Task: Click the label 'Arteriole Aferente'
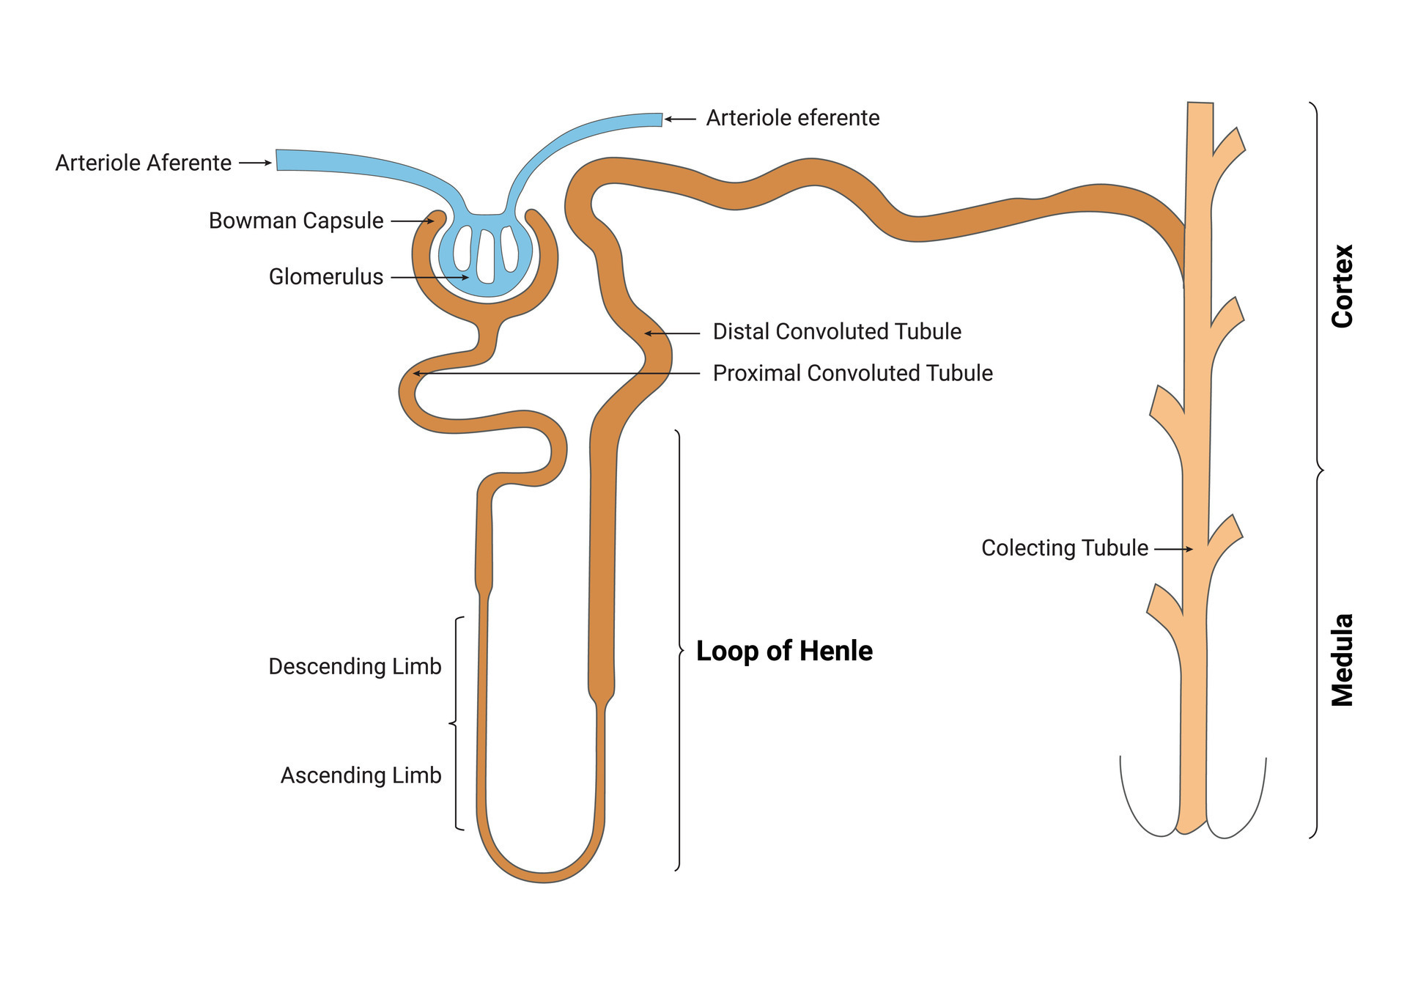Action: pos(144,163)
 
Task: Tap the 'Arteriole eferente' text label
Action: pos(793,118)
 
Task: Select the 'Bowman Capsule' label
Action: pos(296,221)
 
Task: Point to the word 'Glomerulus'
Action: pos(326,276)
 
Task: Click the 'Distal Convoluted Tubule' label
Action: pos(837,331)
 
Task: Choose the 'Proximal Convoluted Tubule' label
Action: pos(853,373)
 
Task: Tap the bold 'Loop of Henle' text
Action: pos(784,651)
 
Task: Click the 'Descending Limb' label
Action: pos(355,667)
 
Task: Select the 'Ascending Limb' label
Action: pos(361,775)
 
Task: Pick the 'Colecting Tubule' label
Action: pos(1065,548)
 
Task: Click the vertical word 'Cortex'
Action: pos(1343,286)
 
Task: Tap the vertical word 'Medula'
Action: pos(1343,660)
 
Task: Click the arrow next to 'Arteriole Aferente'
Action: pos(256,163)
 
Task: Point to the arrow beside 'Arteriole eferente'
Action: pos(680,119)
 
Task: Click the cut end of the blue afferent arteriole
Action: pos(277,160)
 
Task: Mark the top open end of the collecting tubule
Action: pos(1200,103)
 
